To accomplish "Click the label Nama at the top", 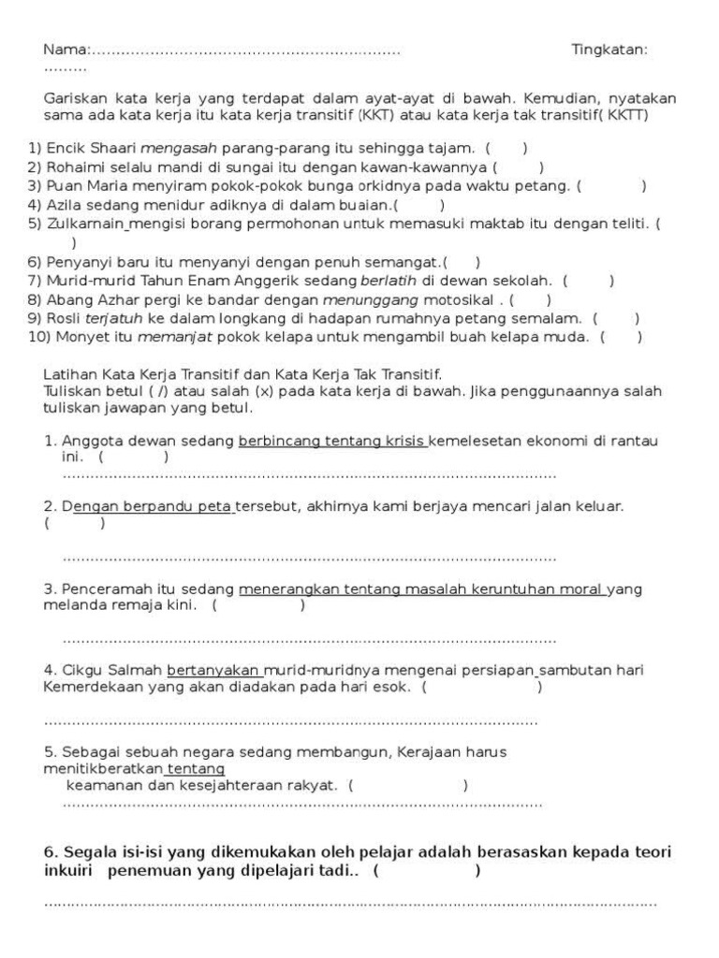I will (x=65, y=50).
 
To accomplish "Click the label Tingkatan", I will (x=609, y=50).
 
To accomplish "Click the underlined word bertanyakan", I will (x=214, y=670).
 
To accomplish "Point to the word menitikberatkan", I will (x=104, y=769).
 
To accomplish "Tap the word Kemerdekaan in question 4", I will (x=86, y=687).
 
